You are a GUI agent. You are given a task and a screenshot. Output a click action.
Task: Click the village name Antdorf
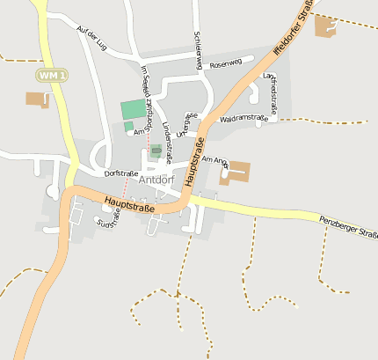(x=156, y=181)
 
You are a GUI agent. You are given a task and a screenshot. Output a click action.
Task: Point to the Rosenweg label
(x=225, y=63)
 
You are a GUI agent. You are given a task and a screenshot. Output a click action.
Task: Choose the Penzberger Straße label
(x=347, y=229)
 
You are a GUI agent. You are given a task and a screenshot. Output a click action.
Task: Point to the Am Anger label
(x=215, y=160)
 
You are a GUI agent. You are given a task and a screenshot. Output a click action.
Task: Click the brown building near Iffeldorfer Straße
(x=325, y=26)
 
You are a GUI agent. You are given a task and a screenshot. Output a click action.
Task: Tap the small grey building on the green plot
(x=156, y=151)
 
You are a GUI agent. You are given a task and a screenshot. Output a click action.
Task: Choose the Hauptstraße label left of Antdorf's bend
(x=128, y=205)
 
